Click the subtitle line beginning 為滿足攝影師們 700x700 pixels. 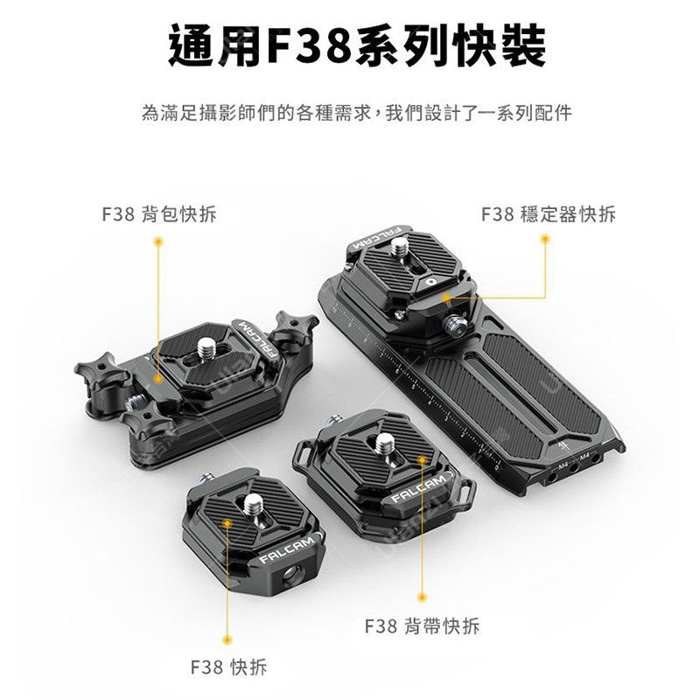[x=357, y=113]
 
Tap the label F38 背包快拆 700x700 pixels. [x=159, y=214]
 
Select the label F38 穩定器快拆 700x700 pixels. [x=549, y=214]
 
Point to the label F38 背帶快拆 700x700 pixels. [x=422, y=626]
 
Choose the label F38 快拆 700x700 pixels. [x=228, y=668]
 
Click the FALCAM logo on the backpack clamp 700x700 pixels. [x=258, y=338]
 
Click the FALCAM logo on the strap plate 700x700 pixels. [x=419, y=488]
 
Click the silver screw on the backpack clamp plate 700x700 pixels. [x=206, y=348]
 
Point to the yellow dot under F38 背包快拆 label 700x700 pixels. [x=157, y=241]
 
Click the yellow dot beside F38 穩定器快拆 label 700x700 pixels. [x=544, y=239]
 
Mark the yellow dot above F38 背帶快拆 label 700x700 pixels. [x=422, y=598]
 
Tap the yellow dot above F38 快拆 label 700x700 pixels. [x=227, y=640]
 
